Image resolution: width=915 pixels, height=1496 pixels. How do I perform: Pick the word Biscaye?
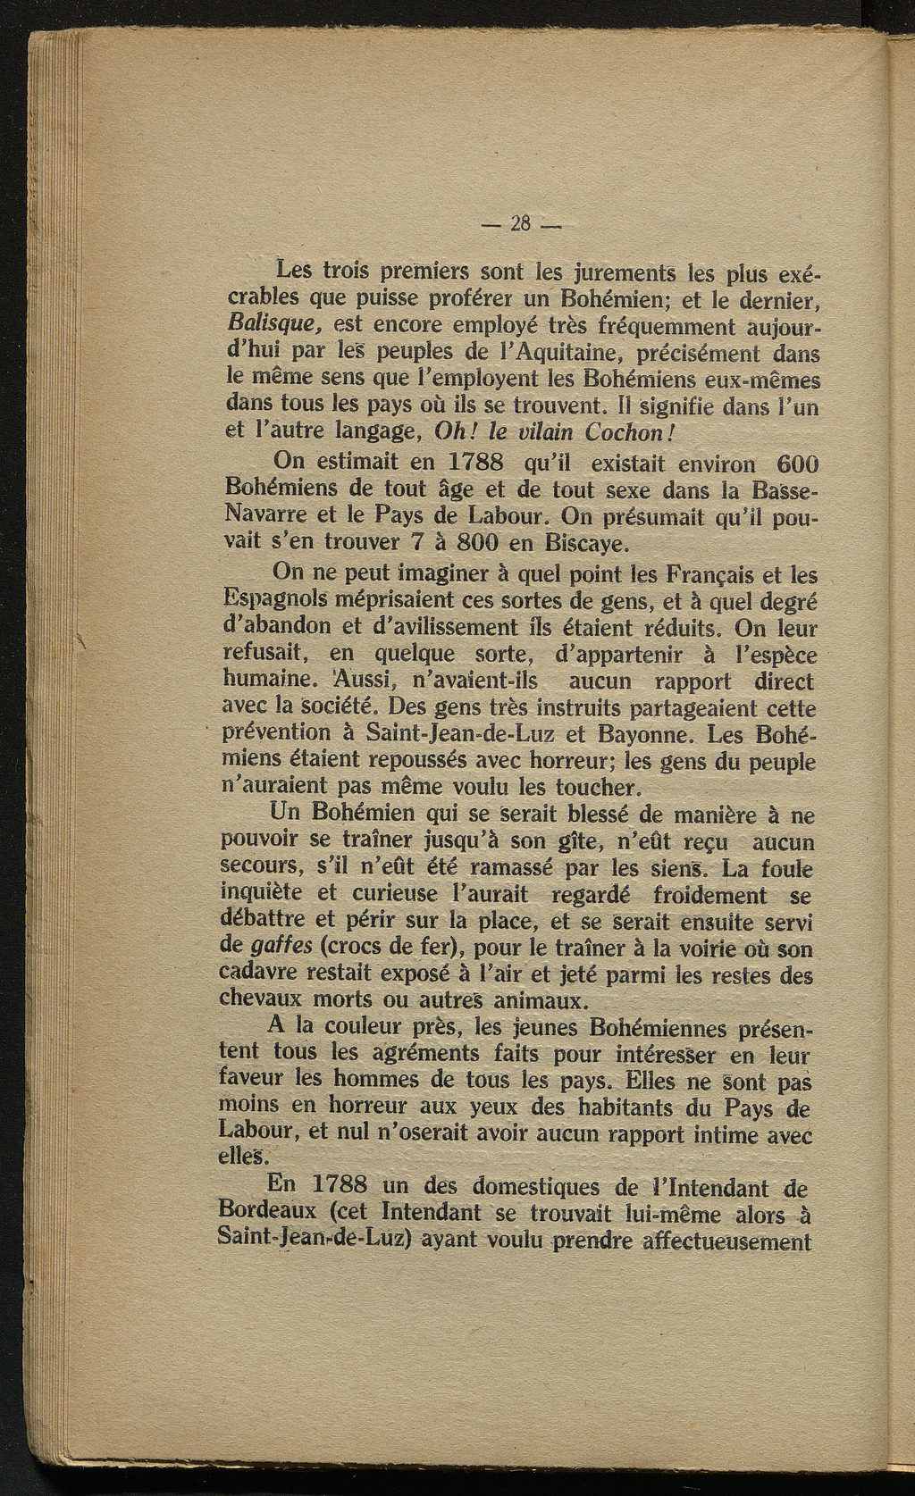(x=580, y=544)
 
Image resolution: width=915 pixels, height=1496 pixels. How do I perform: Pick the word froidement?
(x=709, y=894)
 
